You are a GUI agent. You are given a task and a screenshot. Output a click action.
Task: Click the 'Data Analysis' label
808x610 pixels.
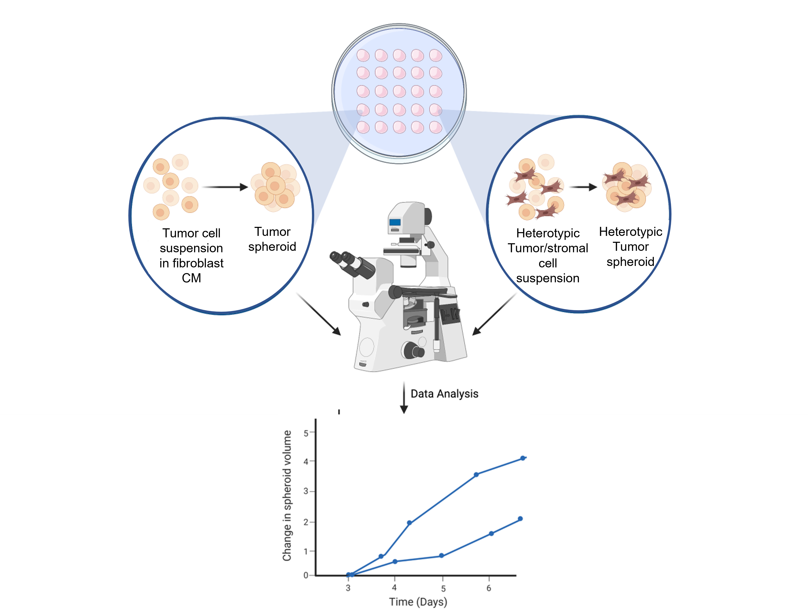point(444,394)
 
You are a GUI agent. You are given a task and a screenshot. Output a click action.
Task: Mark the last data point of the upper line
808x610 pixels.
point(523,458)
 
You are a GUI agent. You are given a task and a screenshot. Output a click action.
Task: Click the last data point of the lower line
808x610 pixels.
point(520,519)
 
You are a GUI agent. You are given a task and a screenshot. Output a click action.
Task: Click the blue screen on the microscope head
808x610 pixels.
point(395,222)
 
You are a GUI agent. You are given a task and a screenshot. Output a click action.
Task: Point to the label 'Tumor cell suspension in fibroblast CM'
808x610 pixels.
point(191,255)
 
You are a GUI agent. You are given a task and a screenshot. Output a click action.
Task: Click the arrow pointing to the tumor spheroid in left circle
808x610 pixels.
point(225,187)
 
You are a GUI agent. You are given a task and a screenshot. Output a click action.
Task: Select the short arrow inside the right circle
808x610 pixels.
point(583,187)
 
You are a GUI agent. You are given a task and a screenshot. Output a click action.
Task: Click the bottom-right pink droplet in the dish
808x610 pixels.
point(435,127)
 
